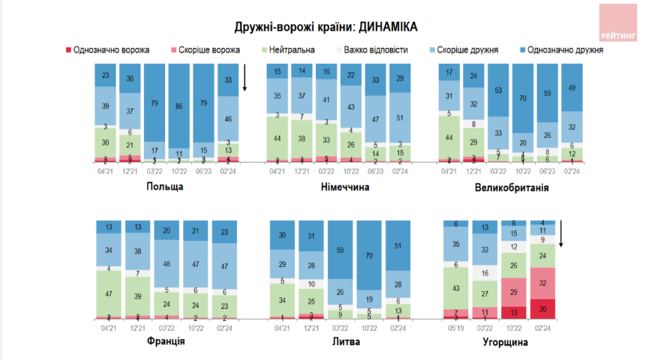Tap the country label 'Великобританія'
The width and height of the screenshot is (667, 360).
(x=511, y=187)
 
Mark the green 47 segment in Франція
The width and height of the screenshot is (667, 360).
(x=109, y=294)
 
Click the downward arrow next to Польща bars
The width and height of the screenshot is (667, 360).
(x=245, y=78)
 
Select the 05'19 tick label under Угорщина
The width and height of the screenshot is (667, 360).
(x=454, y=327)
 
